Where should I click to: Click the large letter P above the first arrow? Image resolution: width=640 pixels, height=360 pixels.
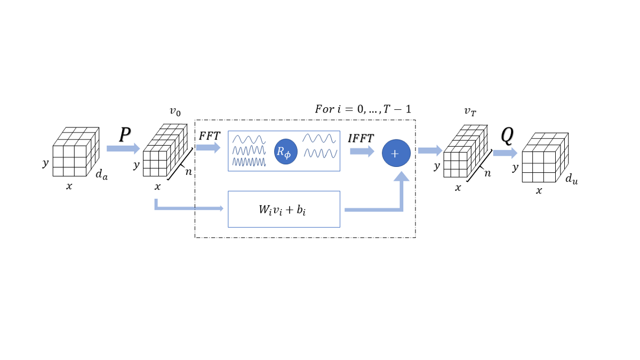coord(125,135)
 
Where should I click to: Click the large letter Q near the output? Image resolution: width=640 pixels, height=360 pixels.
coord(507,137)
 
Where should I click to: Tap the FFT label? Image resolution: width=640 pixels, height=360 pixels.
coord(210,135)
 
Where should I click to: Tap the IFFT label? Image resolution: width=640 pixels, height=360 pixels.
coord(361,138)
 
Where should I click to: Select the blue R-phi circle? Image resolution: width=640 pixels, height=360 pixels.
coord(286,151)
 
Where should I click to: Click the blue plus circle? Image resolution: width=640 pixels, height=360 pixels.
coord(396,153)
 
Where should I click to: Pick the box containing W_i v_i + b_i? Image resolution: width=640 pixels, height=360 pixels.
coord(284,209)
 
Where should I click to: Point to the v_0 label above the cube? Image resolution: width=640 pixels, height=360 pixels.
coord(175,111)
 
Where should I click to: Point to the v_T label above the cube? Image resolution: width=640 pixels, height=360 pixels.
coord(470,112)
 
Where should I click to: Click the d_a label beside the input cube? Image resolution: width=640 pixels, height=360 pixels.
coord(101,174)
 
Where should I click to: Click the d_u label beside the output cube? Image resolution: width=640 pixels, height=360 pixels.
coord(572,180)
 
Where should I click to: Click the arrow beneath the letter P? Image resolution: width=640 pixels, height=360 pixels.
coord(123,148)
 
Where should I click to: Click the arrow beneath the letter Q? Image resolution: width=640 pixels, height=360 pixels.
coord(505,153)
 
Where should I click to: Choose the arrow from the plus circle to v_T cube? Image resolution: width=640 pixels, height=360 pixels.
coord(430,150)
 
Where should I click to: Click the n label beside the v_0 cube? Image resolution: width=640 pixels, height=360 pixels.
coord(188,172)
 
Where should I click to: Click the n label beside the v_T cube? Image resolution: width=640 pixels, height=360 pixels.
coord(487,173)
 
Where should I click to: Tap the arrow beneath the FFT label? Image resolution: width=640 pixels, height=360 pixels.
coord(208,147)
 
